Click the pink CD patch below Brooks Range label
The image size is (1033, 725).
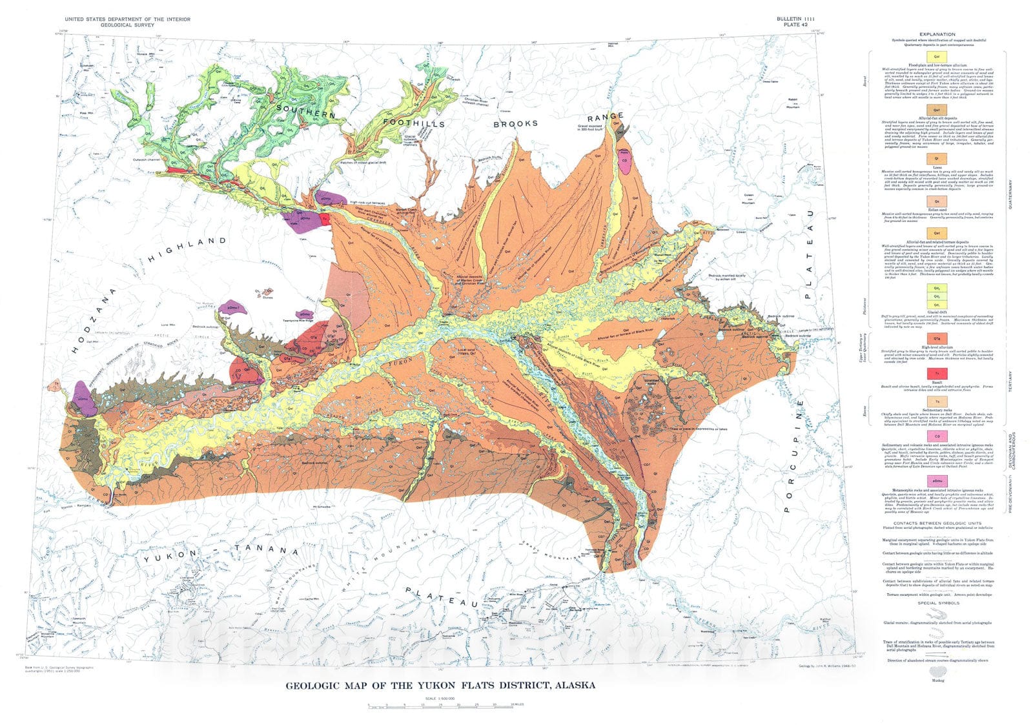pos(625,161)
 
